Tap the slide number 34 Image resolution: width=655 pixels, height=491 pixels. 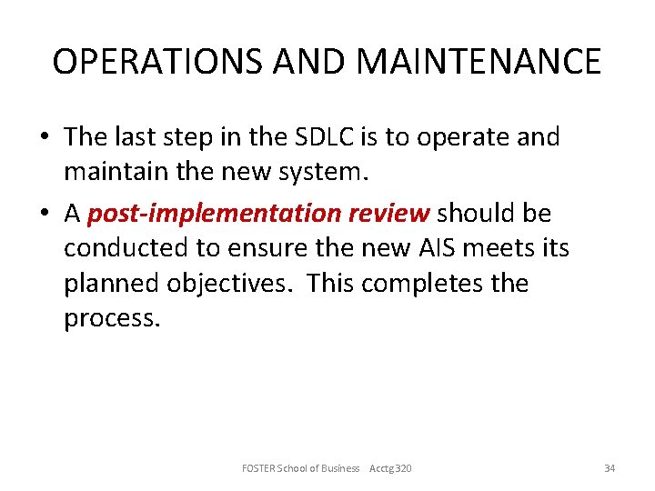[610, 468]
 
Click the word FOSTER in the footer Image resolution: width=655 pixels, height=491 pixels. [261, 468]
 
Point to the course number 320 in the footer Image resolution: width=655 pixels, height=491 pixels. [402, 468]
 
